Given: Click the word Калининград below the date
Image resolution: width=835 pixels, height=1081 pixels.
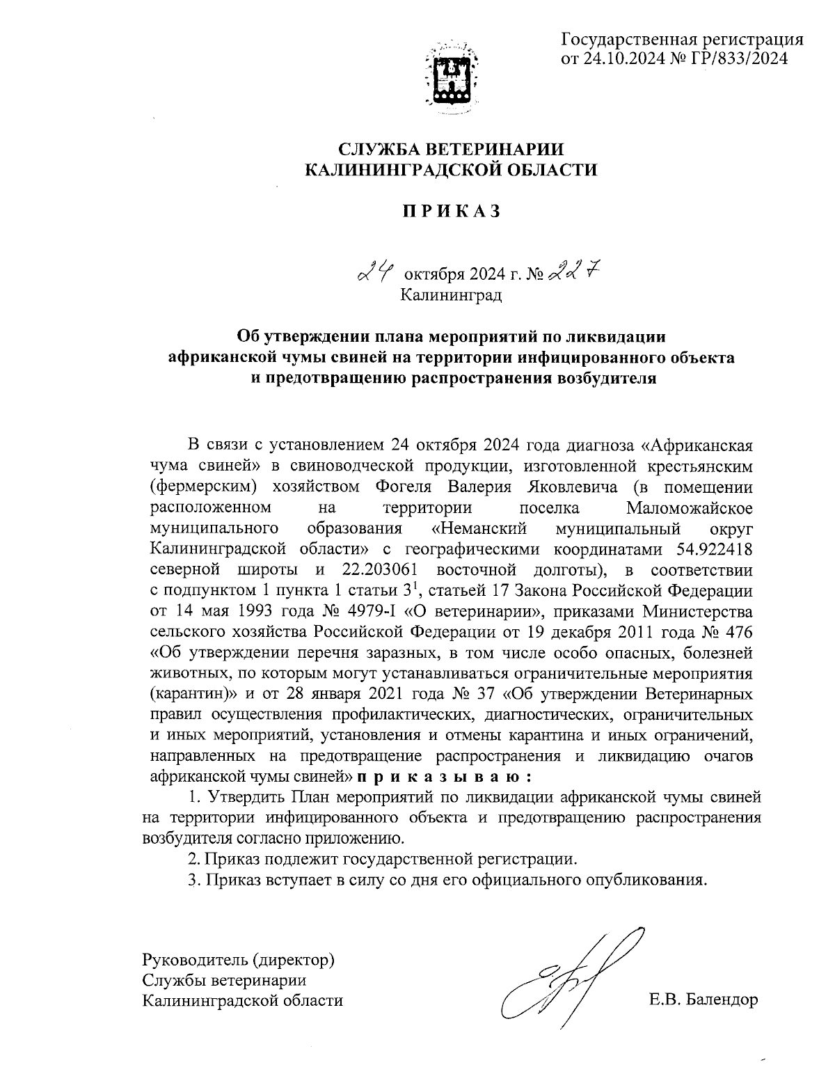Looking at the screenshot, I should point(451,295).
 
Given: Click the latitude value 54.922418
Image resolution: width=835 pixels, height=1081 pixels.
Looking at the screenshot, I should point(714,549).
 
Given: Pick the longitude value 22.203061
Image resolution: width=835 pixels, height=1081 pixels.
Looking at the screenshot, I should point(382,570).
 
